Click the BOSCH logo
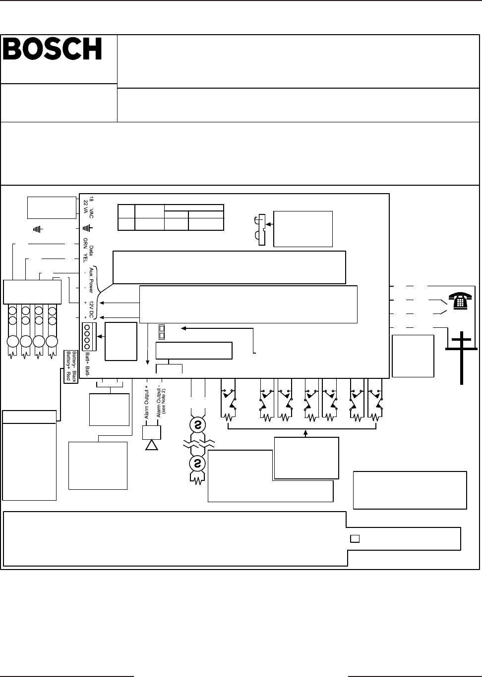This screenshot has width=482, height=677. (x=53, y=49)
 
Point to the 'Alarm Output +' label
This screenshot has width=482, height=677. (x=147, y=401)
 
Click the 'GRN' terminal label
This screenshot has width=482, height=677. (x=85, y=245)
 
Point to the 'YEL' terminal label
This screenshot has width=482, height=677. (x=85, y=259)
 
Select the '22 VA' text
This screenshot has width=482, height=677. (x=85, y=208)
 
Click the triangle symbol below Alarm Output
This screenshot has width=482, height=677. (x=151, y=444)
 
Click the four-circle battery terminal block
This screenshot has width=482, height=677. (x=87, y=337)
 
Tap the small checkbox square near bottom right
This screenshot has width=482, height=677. (x=355, y=539)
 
